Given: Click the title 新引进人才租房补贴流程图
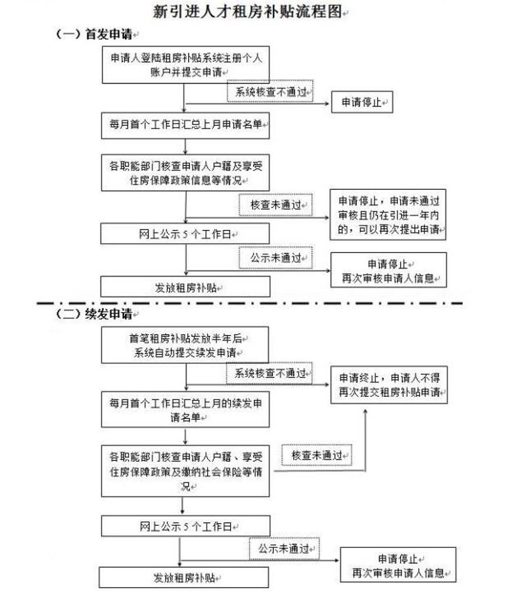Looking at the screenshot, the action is [x=247, y=11].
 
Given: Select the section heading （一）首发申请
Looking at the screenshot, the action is [x=94, y=34].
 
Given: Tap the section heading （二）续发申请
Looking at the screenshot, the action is [x=94, y=313].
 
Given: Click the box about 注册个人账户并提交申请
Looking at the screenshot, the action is [x=185, y=64].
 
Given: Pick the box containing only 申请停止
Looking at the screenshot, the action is [x=362, y=102].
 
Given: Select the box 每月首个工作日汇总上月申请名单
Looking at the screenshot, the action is [x=185, y=125].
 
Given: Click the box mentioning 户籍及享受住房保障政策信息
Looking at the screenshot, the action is [x=185, y=173].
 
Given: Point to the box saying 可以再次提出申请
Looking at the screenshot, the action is [x=388, y=215].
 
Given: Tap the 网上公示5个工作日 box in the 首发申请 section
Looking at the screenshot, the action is [x=185, y=233].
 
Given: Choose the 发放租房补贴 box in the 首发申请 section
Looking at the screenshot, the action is [x=185, y=287].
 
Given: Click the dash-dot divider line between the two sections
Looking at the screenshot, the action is [x=250, y=303].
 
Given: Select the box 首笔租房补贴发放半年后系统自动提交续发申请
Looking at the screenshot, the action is [x=185, y=345].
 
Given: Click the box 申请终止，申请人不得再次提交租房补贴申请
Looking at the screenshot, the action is [x=389, y=385].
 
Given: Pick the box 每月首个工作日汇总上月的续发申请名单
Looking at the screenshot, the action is [x=185, y=409].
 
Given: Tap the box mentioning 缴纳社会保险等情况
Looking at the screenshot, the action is [x=185, y=471].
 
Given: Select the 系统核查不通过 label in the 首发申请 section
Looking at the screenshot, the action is [x=270, y=91].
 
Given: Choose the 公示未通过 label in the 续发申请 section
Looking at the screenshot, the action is [x=284, y=549].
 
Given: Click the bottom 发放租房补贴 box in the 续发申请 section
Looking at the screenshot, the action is [x=183, y=577].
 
